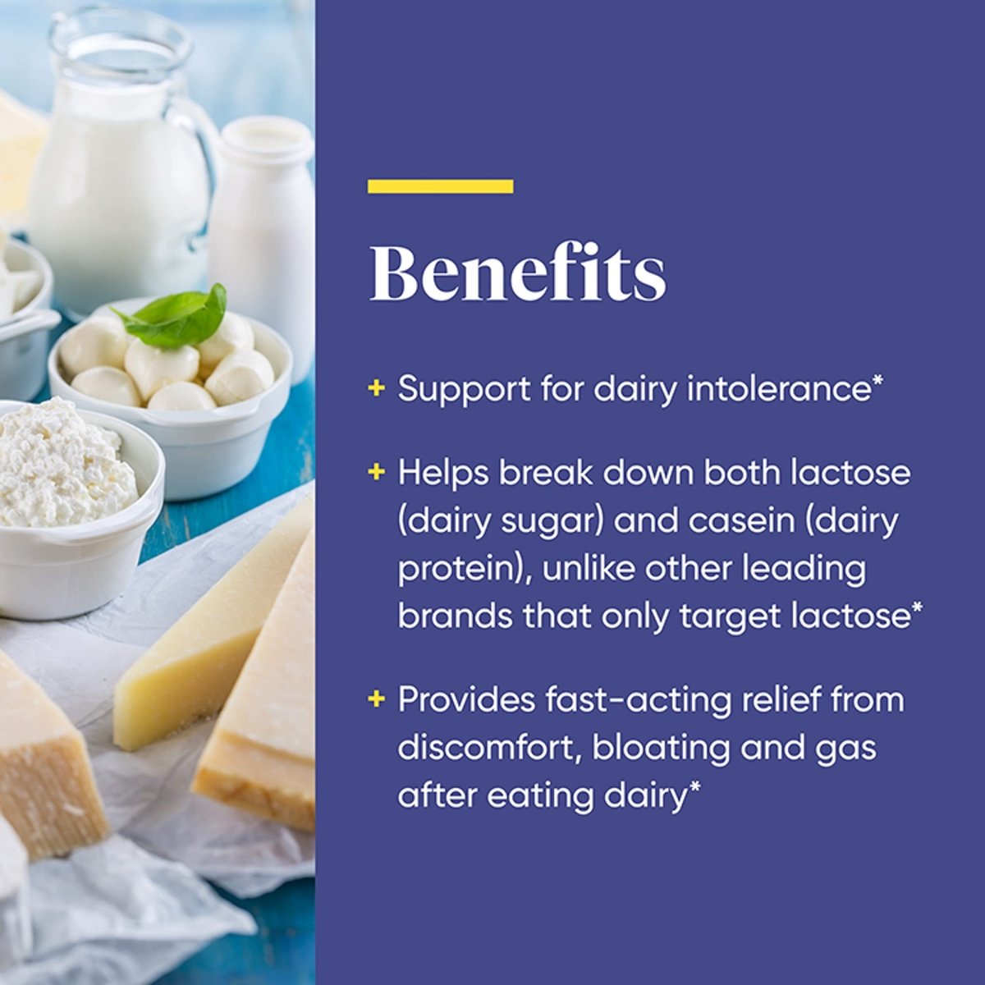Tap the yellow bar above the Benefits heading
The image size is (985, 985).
[441, 186]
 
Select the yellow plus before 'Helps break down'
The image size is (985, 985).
[376, 472]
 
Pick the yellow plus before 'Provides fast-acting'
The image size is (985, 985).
[376, 699]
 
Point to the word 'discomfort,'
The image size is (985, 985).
[490, 747]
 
